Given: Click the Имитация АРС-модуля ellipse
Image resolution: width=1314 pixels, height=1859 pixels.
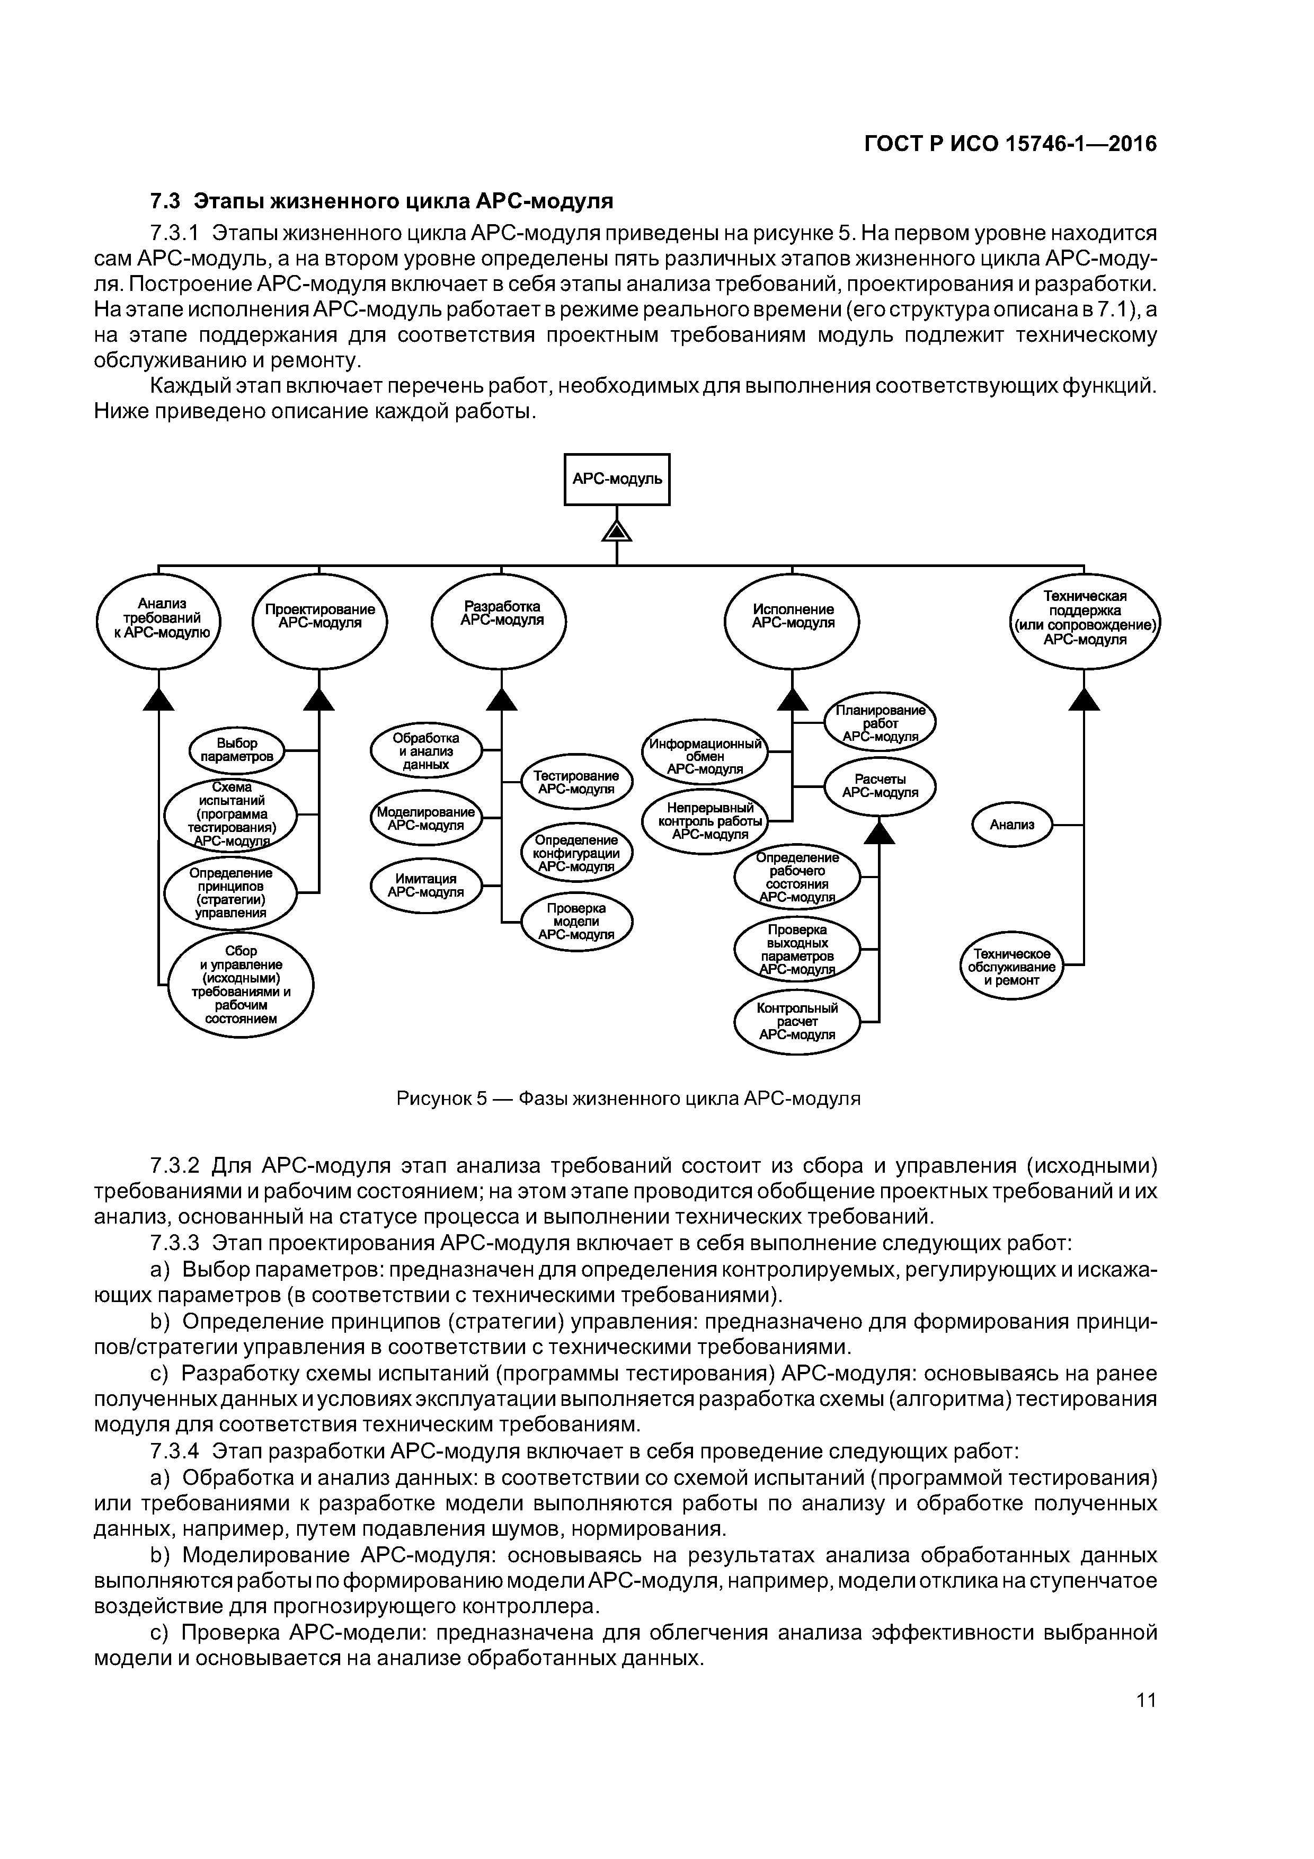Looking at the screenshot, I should [x=426, y=885].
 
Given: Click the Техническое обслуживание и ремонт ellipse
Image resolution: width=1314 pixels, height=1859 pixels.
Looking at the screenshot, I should [x=1011, y=967].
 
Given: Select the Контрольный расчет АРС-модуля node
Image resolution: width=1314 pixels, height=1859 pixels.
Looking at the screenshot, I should [x=797, y=1021].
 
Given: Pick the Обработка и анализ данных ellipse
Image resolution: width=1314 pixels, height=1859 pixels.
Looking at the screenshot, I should [x=426, y=750].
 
